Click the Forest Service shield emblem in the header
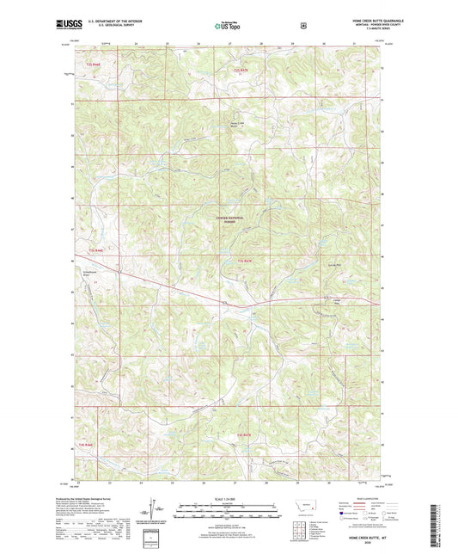pos(302,26)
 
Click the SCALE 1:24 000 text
pos(229,498)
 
